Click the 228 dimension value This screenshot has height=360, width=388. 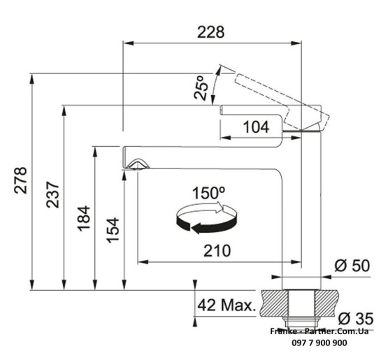click(x=210, y=32)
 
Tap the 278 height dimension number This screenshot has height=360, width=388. click(x=20, y=180)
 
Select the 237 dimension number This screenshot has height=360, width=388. click(x=53, y=194)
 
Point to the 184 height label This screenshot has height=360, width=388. click(x=84, y=218)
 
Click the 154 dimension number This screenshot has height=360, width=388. click(x=113, y=230)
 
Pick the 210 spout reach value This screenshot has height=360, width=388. click(x=217, y=251)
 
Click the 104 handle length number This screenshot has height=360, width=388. click(x=256, y=127)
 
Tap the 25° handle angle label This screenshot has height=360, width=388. click(x=201, y=88)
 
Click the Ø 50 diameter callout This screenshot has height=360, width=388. click(x=352, y=266)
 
